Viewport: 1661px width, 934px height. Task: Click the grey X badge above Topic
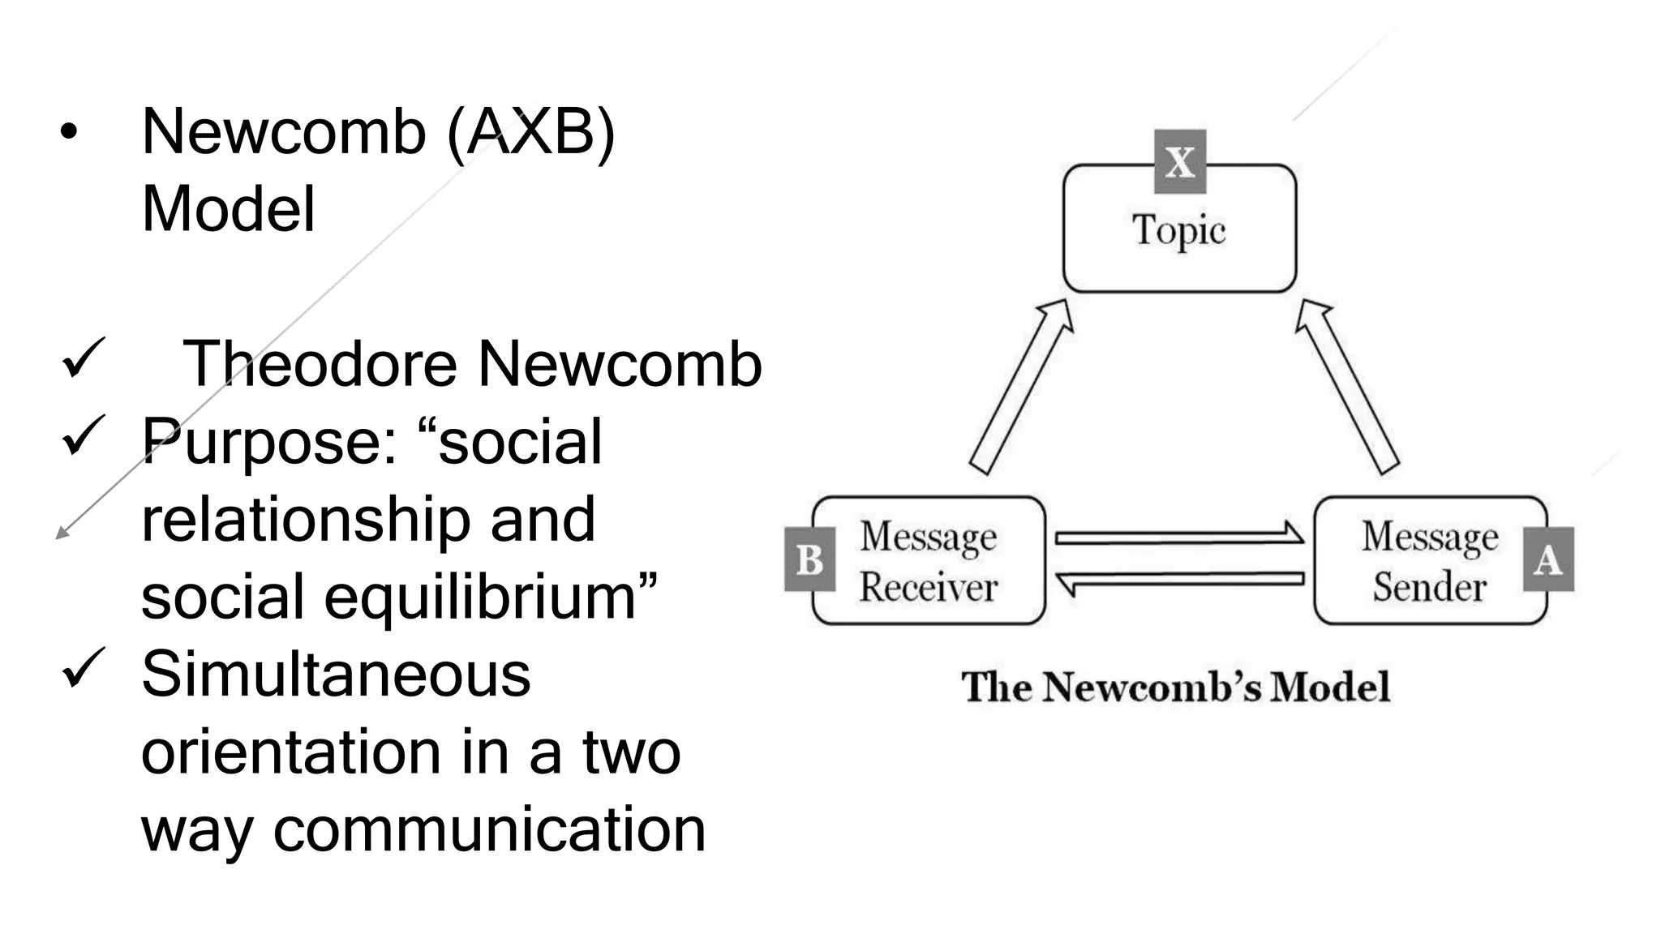(1179, 161)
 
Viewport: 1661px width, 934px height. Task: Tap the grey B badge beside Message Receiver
(809, 559)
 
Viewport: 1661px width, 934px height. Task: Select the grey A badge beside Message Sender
(1548, 559)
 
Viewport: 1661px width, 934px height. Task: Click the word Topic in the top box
(1178, 230)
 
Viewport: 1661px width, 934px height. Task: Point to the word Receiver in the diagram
(928, 587)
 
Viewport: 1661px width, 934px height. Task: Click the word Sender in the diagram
(1429, 587)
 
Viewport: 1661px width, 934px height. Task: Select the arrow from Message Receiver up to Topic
(1021, 386)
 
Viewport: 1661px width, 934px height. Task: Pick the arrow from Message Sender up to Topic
(1346, 386)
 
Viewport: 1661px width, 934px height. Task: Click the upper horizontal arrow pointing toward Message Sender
(1179, 537)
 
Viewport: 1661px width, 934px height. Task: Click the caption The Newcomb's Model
(1175, 688)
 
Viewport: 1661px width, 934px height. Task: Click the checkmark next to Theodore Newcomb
(82, 358)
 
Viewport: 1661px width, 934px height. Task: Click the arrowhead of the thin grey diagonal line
(60, 533)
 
